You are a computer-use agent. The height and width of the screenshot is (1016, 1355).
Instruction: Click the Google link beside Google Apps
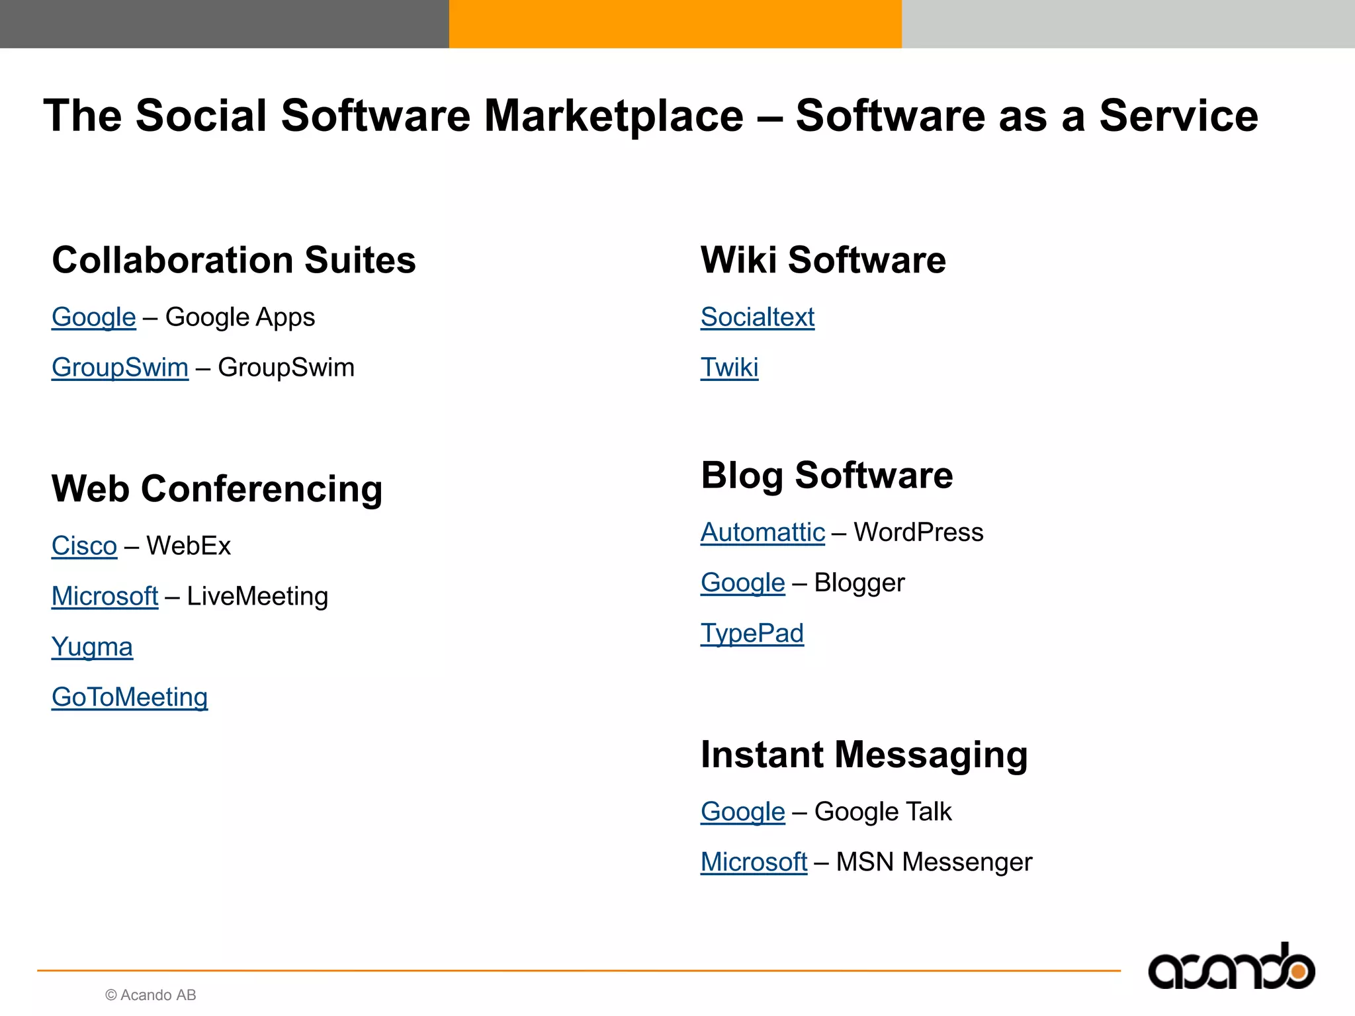pyautogui.click(x=94, y=317)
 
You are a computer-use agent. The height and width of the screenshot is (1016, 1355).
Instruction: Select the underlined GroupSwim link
pyautogui.click(x=120, y=368)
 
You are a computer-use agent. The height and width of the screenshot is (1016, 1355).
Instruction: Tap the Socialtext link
pyautogui.click(x=758, y=317)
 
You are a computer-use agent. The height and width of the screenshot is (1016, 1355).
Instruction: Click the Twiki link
pyautogui.click(x=729, y=368)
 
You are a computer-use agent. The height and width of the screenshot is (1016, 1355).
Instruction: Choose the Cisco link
pyautogui.click(x=84, y=546)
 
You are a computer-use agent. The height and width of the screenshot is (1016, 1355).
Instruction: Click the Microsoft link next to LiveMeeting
pyautogui.click(x=105, y=597)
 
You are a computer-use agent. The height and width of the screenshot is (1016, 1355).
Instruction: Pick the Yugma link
pyautogui.click(x=92, y=647)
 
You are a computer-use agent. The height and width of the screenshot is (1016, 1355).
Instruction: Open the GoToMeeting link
pyautogui.click(x=130, y=697)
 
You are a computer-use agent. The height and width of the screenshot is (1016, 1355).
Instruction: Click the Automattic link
pyautogui.click(x=763, y=532)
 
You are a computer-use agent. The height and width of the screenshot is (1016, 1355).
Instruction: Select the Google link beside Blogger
pyautogui.click(x=742, y=583)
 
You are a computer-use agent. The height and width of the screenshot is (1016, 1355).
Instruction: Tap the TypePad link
pyautogui.click(x=752, y=634)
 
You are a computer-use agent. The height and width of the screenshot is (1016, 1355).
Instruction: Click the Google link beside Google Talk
pyautogui.click(x=742, y=812)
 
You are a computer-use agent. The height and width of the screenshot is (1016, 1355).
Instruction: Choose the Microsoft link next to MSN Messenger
pyautogui.click(x=754, y=862)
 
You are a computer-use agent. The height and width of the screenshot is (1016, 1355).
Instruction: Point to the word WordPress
pyautogui.click(x=918, y=532)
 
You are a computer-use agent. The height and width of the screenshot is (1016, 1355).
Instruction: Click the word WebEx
pyautogui.click(x=189, y=546)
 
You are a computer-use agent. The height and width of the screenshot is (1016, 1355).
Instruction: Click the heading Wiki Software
pyautogui.click(x=823, y=260)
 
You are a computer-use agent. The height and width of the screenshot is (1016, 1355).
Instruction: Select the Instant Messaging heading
pyautogui.click(x=864, y=755)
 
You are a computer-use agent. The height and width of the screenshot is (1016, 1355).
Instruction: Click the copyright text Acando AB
pyautogui.click(x=151, y=995)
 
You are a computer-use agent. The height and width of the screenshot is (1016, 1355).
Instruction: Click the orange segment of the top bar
pyautogui.click(x=675, y=24)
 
